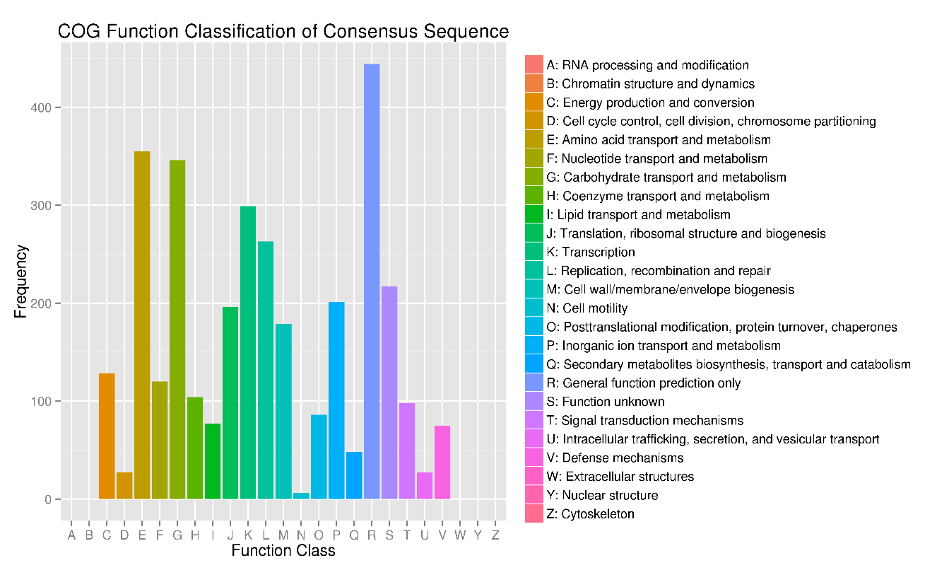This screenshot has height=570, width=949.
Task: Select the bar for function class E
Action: (142, 325)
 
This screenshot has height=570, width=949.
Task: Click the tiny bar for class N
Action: (301, 496)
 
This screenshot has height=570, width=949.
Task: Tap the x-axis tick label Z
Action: (495, 535)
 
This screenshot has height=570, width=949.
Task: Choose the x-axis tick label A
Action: (71, 535)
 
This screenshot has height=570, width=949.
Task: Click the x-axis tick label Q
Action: (354, 535)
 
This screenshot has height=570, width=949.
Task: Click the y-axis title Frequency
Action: (21, 281)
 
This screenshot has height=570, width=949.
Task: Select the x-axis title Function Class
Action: (283, 551)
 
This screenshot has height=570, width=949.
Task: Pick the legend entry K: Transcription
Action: (591, 252)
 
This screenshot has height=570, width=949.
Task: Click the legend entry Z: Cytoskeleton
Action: (590, 514)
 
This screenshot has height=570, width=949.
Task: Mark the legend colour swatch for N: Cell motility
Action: (534, 308)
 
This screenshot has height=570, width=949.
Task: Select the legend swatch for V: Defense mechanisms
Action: (534, 458)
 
